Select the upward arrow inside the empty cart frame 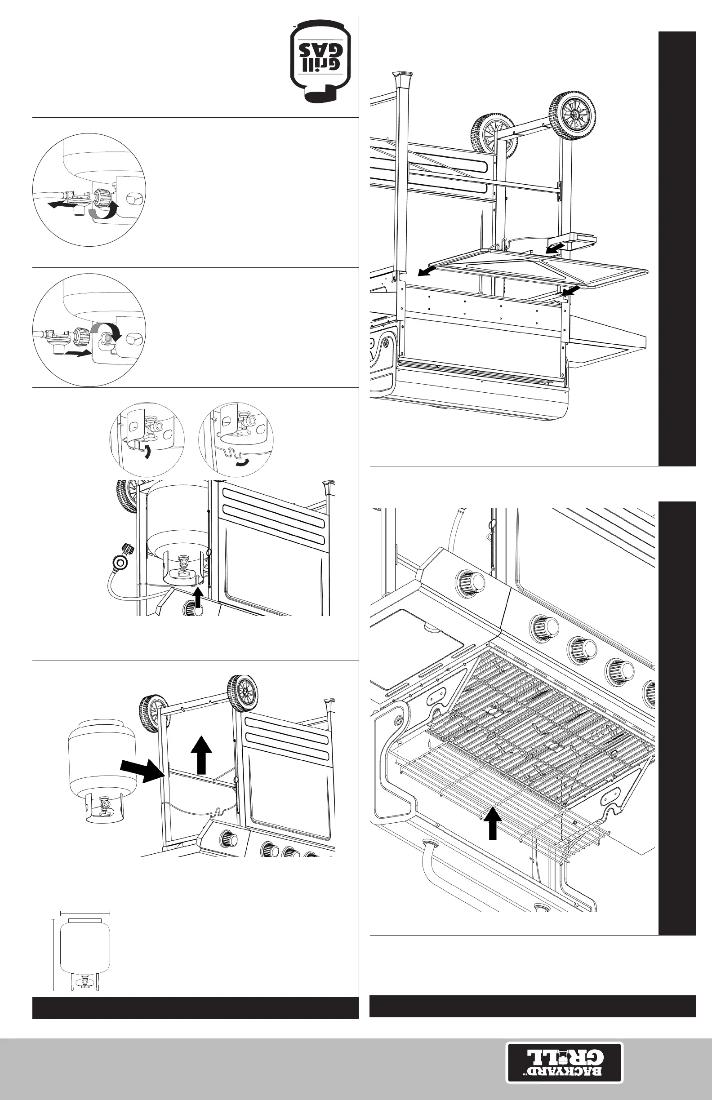(x=201, y=755)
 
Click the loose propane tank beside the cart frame (x=102, y=771)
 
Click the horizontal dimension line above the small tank (x=85, y=913)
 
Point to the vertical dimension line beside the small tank (x=53, y=955)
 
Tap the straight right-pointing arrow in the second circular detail (x=77, y=354)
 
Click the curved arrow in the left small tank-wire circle (x=147, y=452)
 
